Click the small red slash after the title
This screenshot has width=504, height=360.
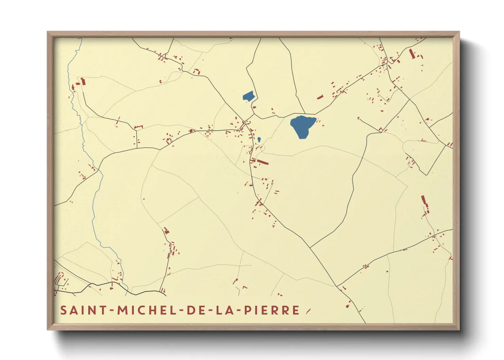pyautogui.click(x=308, y=311)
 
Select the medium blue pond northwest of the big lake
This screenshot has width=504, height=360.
pyautogui.click(x=249, y=96)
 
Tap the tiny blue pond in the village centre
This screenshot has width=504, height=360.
pyautogui.click(x=259, y=140)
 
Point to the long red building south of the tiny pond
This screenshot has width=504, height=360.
pyautogui.click(x=263, y=162)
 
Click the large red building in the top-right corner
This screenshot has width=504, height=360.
pyautogui.click(x=412, y=54)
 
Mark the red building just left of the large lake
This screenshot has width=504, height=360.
pyautogui.click(x=320, y=97)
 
